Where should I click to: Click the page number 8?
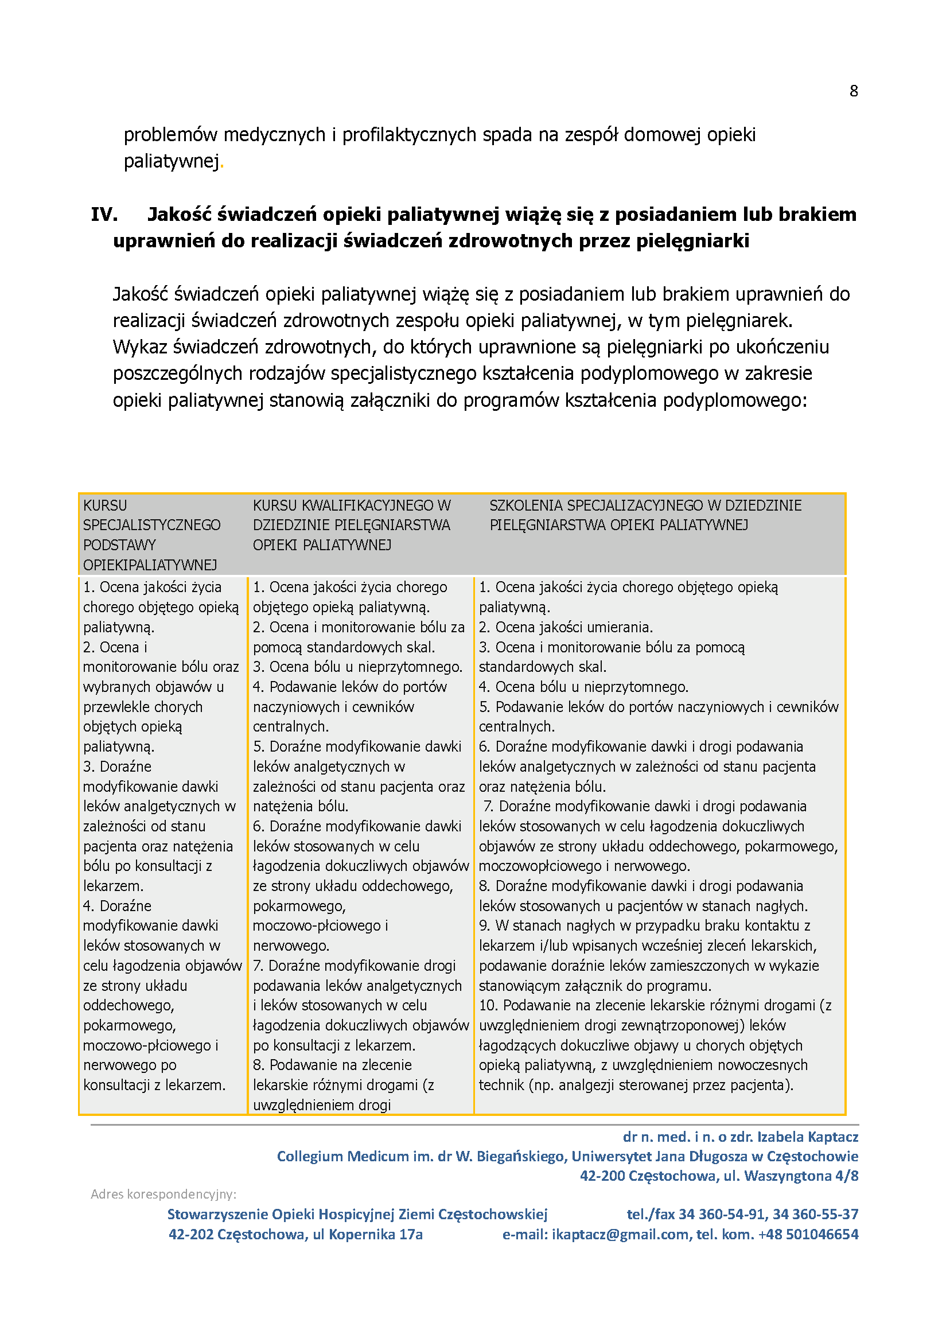pos(854,91)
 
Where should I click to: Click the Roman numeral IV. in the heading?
pos(104,215)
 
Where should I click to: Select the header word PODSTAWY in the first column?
pos(119,544)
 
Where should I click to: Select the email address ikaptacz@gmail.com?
pos(620,1234)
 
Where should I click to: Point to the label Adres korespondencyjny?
pos(163,1194)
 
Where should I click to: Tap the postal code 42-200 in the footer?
pos(602,1175)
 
